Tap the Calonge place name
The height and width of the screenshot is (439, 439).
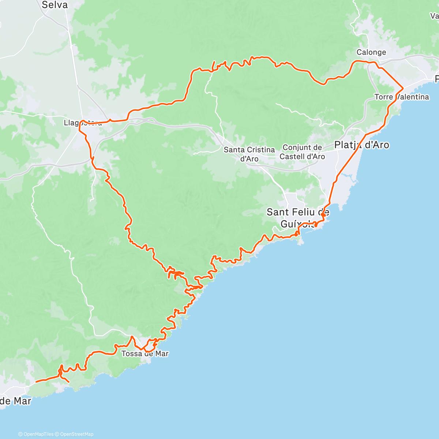[371, 52]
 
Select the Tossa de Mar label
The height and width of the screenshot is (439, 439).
[145, 354]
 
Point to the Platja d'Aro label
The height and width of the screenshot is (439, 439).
[361, 145]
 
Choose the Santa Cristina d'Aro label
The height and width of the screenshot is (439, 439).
[249, 154]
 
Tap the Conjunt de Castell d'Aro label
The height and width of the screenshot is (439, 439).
[302, 152]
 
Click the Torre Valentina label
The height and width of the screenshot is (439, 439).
[402, 97]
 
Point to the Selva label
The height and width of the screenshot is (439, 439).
[55, 5]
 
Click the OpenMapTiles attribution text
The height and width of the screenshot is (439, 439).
[38, 434]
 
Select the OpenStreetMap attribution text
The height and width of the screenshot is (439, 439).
[77, 434]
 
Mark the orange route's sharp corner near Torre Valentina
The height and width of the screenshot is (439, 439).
[403, 88]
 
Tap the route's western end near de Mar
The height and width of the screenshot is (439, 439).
[36, 382]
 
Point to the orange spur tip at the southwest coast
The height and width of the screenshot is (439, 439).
[69, 382]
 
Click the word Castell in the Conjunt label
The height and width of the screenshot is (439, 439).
[292, 157]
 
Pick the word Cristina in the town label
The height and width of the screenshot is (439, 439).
[261, 150]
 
